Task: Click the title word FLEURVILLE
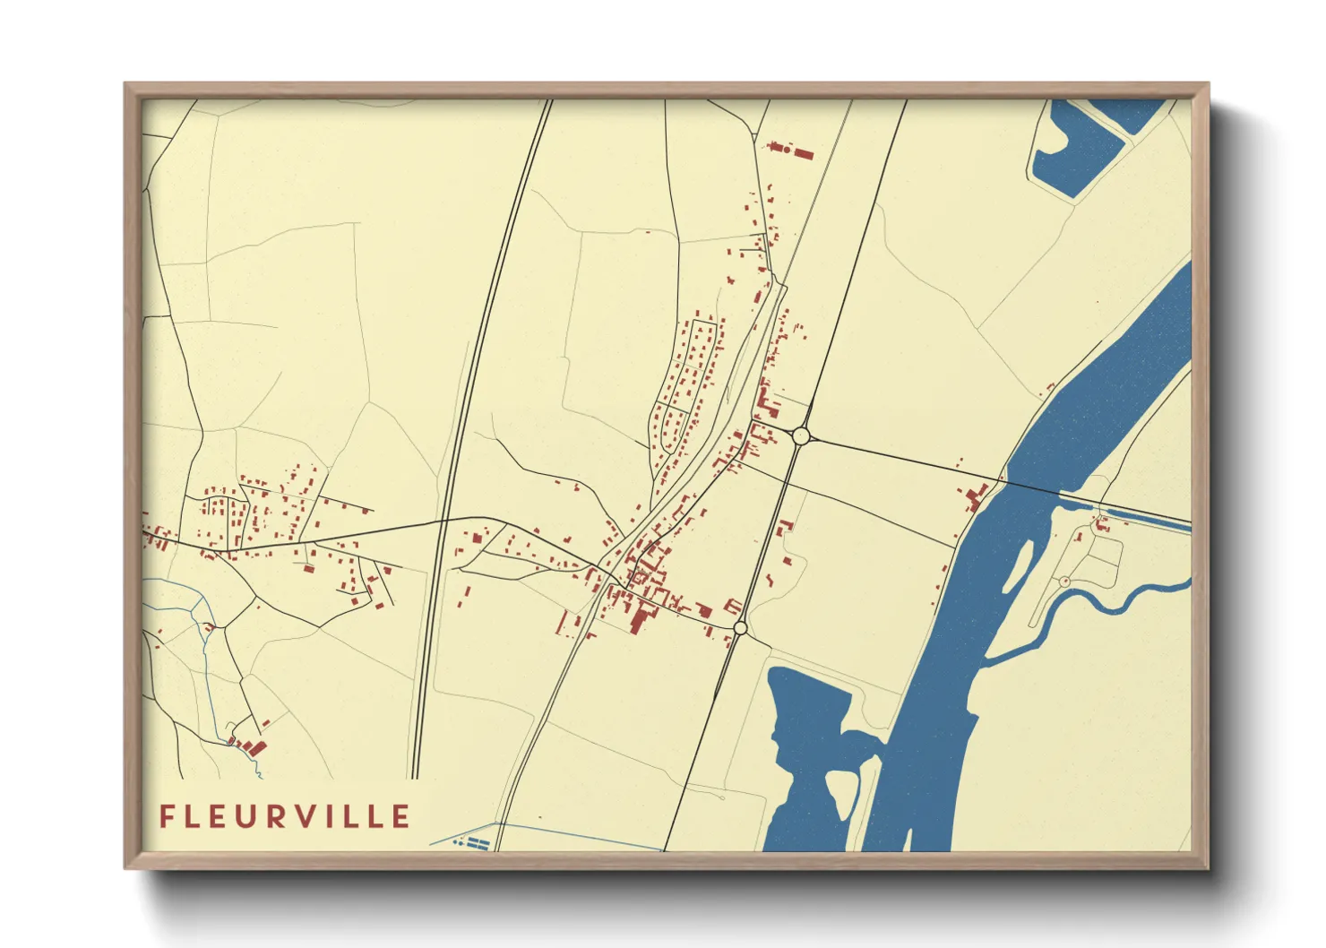click(285, 816)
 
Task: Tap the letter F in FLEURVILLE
click(167, 816)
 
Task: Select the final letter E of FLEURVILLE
click(400, 816)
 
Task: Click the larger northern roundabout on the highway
click(801, 436)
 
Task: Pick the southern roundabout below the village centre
click(740, 628)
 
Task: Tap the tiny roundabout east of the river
click(1064, 582)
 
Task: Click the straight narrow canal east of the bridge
click(1147, 518)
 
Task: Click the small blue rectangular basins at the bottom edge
click(472, 842)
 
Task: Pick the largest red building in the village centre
click(638, 619)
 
